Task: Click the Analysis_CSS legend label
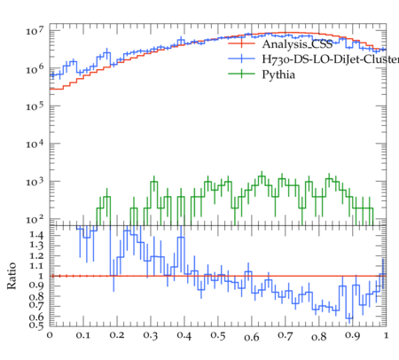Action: coord(297,44)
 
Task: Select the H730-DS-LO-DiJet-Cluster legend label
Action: coord(331,59)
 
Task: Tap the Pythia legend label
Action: coord(278,74)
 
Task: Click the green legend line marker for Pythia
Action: coord(241,74)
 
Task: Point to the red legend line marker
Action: coord(241,43)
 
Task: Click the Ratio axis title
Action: coord(12,276)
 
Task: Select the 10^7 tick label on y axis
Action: coord(35,30)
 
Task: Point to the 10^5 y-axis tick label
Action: coord(35,106)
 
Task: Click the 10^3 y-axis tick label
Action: coord(35,182)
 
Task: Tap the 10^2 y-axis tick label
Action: coord(35,219)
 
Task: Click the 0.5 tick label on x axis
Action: coord(218,336)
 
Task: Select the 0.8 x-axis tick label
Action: coord(319,337)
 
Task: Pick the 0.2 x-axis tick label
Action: coord(117,335)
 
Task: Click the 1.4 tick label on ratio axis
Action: coord(36,235)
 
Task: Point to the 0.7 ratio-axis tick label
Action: coord(36,304)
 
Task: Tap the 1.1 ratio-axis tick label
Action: coord(36,266)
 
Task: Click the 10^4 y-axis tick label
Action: coord(35,144)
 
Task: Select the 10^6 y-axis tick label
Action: coord(35,68)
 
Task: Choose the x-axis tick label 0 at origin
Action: coord(50,335)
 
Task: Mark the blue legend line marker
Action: coord(241,59)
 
